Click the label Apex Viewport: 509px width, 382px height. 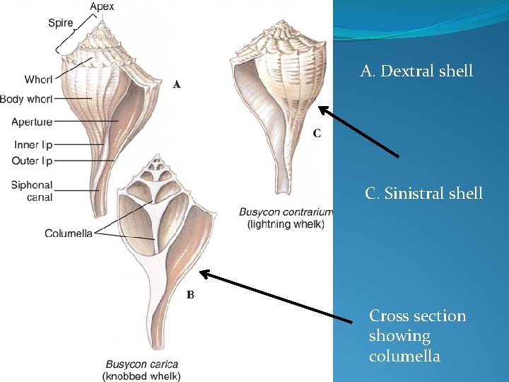pyautogui.click(x=102, y=7)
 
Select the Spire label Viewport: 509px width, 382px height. pyautogui.click(x=61, y=23)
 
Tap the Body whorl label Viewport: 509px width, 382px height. pyautogui.click(x=26, y=99)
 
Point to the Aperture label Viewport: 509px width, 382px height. pyautogui.click(x=32, y=122)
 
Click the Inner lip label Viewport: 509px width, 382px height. pyautogui.click(x=33, y=145)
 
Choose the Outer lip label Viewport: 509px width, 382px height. pyautogui.click(x=33, y=161)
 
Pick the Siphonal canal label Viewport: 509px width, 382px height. pyautogui.click(x=32, y=191)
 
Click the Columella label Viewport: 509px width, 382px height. pyautogui.click(x=69, y=233)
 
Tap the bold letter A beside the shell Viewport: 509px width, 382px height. pyautogui.click(x=177, y=84)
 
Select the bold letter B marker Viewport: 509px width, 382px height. pyautogui.click(x=190, y=294)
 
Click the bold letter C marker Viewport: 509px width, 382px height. pyautogui.click(x=317, y=133)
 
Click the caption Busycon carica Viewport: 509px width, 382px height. pyautogui.click(x=142, y=364)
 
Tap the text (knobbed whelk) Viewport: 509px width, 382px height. pyautogui.click(x=142, y=376)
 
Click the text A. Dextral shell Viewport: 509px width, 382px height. pyautogui.click(x=416, y=71)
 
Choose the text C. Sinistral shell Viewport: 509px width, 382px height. pyautogui.click(x=423, y=193)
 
